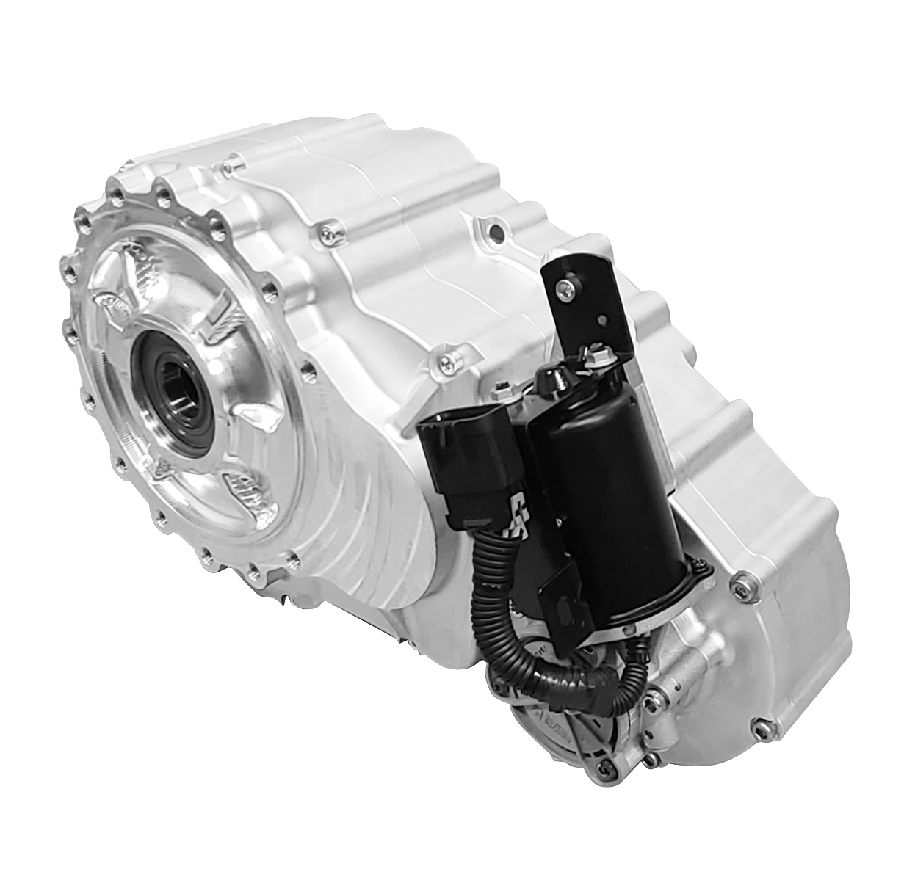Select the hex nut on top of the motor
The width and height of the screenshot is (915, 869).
(595, 357)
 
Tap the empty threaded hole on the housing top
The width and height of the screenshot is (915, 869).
(496, 233)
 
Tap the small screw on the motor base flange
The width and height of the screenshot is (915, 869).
(702, 566)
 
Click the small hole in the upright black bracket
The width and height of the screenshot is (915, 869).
(602, 321)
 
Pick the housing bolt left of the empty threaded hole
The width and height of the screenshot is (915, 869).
(328, 233)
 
